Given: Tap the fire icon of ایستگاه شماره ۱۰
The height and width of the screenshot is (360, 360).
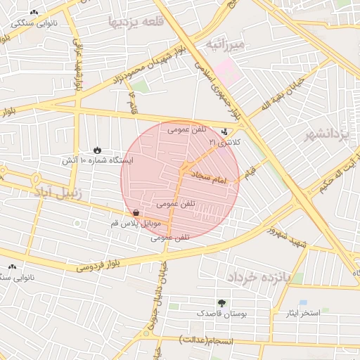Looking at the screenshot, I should [97, 150].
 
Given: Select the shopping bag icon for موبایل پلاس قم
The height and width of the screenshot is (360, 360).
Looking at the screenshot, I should [134, 212].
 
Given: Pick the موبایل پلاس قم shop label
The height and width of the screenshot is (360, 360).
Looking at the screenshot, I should [136, 224].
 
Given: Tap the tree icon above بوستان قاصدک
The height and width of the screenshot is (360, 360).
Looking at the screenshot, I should [222, 302].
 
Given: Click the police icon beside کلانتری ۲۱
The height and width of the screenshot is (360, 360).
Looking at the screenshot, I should [225, 131].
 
